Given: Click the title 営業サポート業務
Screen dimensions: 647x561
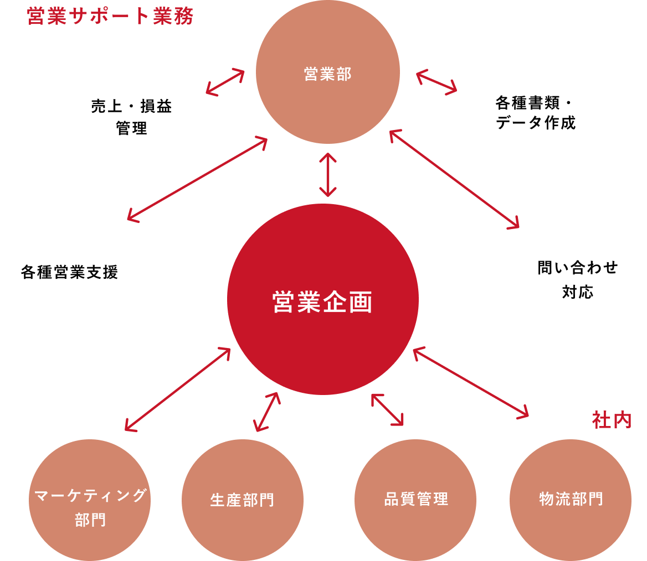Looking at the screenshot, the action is click(x=110, y=17).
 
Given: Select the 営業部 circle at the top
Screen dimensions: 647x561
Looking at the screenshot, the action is click(x=328, y=72).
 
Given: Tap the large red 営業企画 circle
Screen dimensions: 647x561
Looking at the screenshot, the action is click(x=323, y=299).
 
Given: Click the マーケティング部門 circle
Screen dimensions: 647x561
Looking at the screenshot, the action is click(x=90, y=500).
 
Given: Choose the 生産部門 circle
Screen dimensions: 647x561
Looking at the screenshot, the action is click(x=243, y=500).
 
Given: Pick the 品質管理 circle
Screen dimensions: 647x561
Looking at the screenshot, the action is click(x=415, y=500).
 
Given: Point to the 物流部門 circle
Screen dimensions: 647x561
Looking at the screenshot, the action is click(x=571, y=500).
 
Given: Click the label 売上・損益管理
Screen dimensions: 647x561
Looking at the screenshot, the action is click(x=131, y=117).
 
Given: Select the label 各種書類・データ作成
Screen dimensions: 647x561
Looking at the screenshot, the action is click(x=536, y=112).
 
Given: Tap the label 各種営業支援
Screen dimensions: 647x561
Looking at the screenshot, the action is click(x=69, y=272).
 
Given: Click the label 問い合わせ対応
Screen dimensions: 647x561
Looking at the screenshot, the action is click(x=578, y=279).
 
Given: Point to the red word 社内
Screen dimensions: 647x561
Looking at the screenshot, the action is click(x=612, y=420).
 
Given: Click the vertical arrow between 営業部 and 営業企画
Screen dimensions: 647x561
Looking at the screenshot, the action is click(x=328, y=175).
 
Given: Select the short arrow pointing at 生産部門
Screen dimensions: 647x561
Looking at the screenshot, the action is click(x=267, y=412).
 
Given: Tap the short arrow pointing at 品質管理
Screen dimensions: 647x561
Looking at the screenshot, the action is click(x=387, y=410).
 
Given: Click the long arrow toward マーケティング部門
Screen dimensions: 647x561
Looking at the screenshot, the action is click(x=177, y=389).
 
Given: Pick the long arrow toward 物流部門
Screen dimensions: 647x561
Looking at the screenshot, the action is click(x=471, y=383).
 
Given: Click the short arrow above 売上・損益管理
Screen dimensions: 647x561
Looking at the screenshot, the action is click(x=225, y=82).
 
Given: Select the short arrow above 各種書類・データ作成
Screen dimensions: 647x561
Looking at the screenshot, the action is click(x=437, y=82).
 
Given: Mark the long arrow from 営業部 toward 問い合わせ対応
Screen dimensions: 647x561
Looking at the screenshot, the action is click(x=454, y=179).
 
